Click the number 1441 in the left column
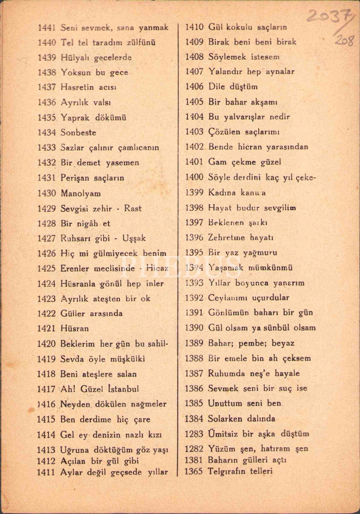pyautogui.click(x=47, y=28)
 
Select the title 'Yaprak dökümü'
pyautogui.click(x=93, y=118)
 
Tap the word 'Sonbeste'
pyautogui.click(x=78, y=133)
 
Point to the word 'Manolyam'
pyautogui.click(x=81, y=193)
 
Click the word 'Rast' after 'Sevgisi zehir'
pyautogui.click(x=133, y=208)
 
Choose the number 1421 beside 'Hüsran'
pyautogui.click(x=46, y=329)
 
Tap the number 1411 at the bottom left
pyautogui.click(x=46, y=473)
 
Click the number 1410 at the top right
pyautogui.click(x=194, y=27)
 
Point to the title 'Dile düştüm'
pyautogui.click(x=233, y=87)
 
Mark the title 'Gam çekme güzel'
pyautogui.click(x=244, y=162)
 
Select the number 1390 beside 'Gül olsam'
pyautogui.click(x=194, y=328)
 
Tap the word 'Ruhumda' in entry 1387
pyautogui.click(x=226, y=374)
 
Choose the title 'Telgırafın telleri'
pyautogui.click(x=240, y=471)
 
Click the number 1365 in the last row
pyautogui.click(x=194, y=472)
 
